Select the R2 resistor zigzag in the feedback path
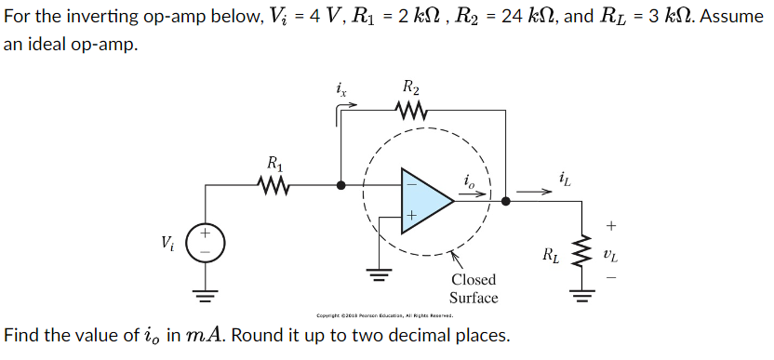[x=410, y=112]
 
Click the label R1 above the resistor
[x=275, y=165]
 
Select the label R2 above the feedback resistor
[x=411, y=88]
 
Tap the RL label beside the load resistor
[x=552, y=254]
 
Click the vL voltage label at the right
[x=609, y=251]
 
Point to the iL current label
[x=566, y=177]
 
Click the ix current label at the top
[x=342, y=90]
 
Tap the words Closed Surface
[x=474, y=288]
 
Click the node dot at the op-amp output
[x=505, y=200]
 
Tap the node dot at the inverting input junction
[x=341, y=186]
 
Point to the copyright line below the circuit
[x=384, y=315]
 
